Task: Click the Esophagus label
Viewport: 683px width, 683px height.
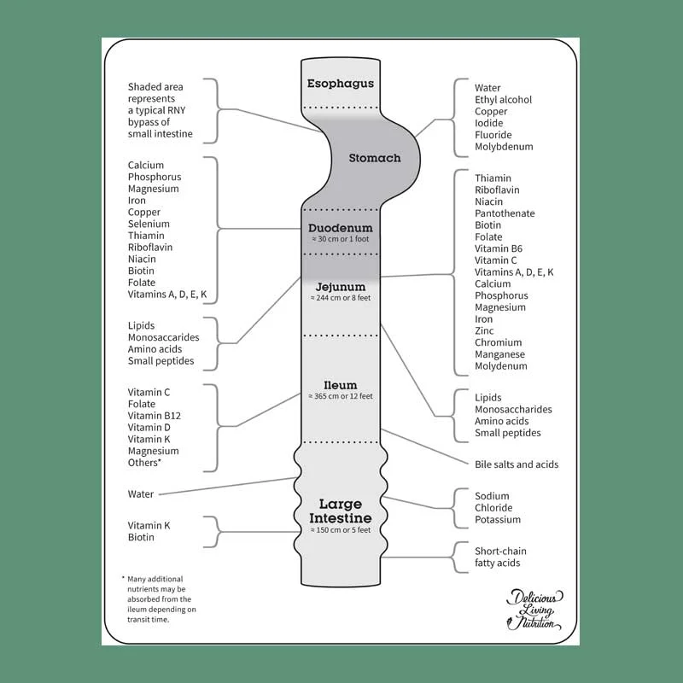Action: pos(341,84)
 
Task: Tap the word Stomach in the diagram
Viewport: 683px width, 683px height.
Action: pos(374,158)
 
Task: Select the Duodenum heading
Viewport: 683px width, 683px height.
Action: pos(341,228)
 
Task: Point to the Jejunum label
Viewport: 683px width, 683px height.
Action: pos(341,287)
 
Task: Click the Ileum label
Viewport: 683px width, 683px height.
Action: pos(341,385)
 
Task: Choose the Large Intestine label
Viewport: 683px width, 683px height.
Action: pos(341,511)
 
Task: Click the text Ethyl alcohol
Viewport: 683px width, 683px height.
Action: pos(503,100)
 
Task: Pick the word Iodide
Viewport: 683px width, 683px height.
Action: pos(489,123)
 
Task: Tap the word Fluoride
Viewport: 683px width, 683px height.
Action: pos(493,135)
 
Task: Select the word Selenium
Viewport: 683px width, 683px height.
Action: pos(149,224)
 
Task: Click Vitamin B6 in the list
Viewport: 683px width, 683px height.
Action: pos(499,248)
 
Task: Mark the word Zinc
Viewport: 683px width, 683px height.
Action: pos(484,330)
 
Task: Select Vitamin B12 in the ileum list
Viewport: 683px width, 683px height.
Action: pos(155,416)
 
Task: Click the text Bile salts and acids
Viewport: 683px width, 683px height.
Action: pos(517,464)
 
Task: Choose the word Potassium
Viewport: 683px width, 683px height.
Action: pos(498,519)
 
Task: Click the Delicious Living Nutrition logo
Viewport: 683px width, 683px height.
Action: pos(534,610)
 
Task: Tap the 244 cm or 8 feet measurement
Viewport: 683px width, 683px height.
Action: pos(341,300)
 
